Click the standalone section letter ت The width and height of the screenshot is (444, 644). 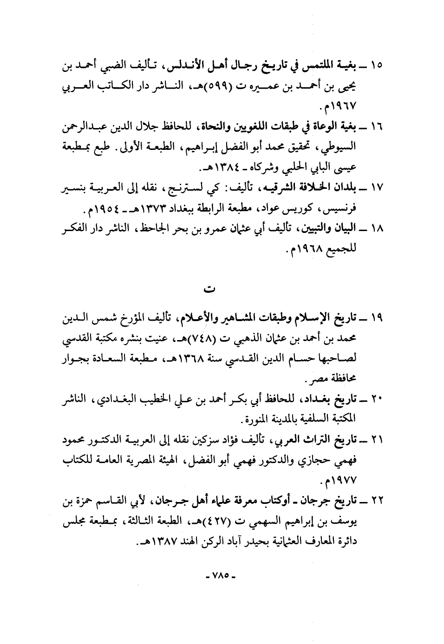(x=209, y=289)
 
